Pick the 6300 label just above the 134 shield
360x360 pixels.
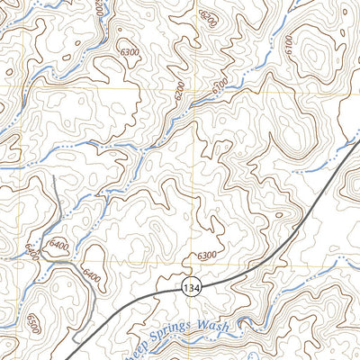point(206,256)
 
